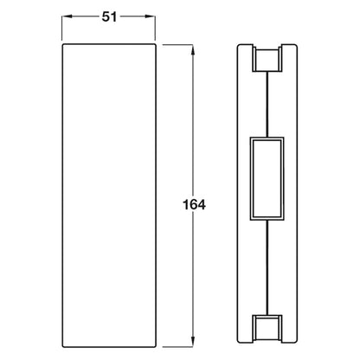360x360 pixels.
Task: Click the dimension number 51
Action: point(109,17)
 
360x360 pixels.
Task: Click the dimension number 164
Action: point(194,205)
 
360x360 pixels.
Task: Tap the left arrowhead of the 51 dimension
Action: point(67,16)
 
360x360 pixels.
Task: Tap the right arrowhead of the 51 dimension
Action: point(151,16)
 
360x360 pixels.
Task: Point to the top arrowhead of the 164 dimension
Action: point(193,49)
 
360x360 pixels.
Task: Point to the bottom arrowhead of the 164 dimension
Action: point(193,342)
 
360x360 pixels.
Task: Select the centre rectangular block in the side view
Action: point(267,179)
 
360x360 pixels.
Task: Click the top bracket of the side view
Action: point(267,59)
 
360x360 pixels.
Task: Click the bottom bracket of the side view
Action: point(267,329)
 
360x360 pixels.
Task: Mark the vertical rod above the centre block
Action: point(267,105)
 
